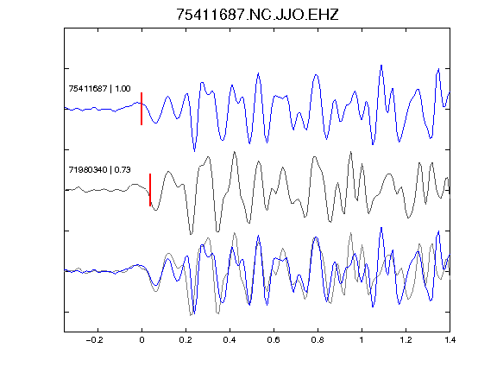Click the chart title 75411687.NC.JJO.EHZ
257,15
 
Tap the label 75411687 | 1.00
99,88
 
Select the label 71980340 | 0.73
99,170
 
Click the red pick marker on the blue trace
142,109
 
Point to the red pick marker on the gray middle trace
150,190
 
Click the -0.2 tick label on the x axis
95,340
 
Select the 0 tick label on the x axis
142,340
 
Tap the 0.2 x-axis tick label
186,340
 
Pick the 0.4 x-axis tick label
230,340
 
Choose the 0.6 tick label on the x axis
274,340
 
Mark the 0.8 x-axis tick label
318,340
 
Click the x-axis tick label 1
362,340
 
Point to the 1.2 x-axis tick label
406,340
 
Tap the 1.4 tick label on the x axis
450,340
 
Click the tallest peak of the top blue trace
381,66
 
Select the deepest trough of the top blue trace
195,151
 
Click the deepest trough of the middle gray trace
191,234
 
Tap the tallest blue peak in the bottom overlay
381,228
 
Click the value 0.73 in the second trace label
123,170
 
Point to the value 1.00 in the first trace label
123,88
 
